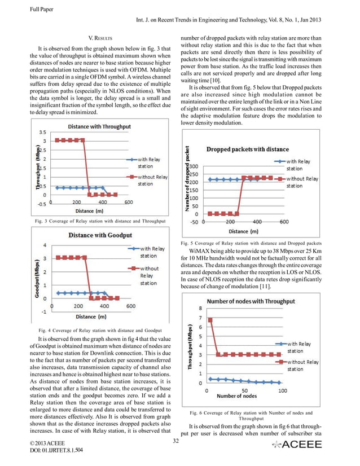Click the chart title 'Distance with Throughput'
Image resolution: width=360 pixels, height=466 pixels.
[x=107, y=126]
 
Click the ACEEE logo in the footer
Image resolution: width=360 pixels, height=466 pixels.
[x=296, y=445]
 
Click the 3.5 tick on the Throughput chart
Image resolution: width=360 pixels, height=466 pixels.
[x=42, y=131]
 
